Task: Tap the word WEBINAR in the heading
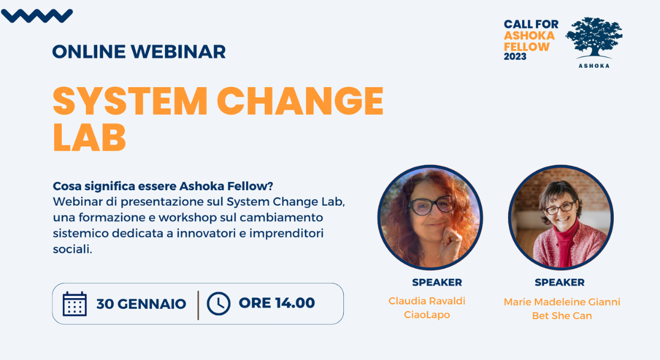[178, 52]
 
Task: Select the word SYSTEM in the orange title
[130, 101]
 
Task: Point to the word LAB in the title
[89, 137]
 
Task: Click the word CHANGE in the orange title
[300, 101]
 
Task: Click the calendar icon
[74, 304]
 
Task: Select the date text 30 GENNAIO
[141, 304]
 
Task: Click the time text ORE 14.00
[277, 303]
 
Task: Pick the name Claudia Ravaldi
[427, 301]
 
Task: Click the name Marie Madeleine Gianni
[562, 302]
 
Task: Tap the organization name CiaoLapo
[427, 315]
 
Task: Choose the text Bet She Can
[562, 316]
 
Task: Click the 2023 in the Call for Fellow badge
[515, 56]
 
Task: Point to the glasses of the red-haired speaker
[432, 206]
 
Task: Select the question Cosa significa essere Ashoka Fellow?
[163, 186]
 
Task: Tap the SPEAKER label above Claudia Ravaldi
[437, 283]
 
